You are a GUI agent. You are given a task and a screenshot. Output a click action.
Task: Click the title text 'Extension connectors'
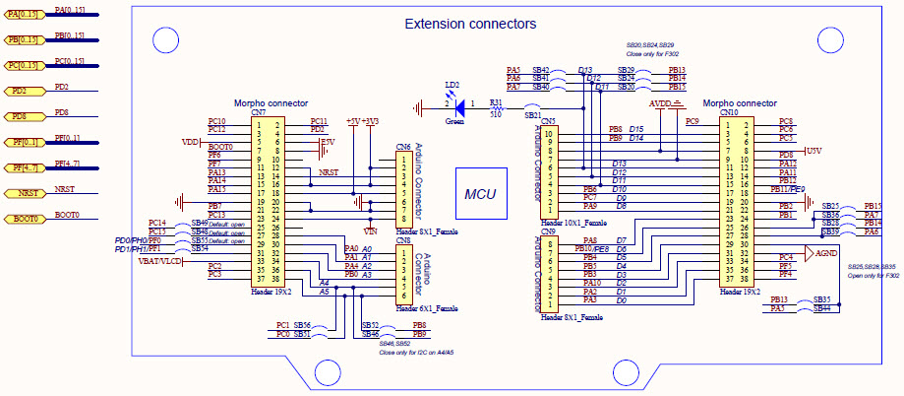tap(471, 23)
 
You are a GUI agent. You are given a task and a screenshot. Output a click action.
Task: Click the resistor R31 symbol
tap(497, 103)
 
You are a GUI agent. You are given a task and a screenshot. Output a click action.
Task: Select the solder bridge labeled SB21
tap(532, 114)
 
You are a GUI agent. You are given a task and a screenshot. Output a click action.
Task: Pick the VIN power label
tap(370, 229)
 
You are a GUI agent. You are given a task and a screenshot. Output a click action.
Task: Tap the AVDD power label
tap(660, 102)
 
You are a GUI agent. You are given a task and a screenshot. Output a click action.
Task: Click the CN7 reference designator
tap(258, 113)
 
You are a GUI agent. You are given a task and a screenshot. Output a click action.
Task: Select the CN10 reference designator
tap(729, 113)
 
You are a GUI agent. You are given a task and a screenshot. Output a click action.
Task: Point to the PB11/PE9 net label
tap(787, 189)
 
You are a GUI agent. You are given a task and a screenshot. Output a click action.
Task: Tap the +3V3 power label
tap(371, 120)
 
